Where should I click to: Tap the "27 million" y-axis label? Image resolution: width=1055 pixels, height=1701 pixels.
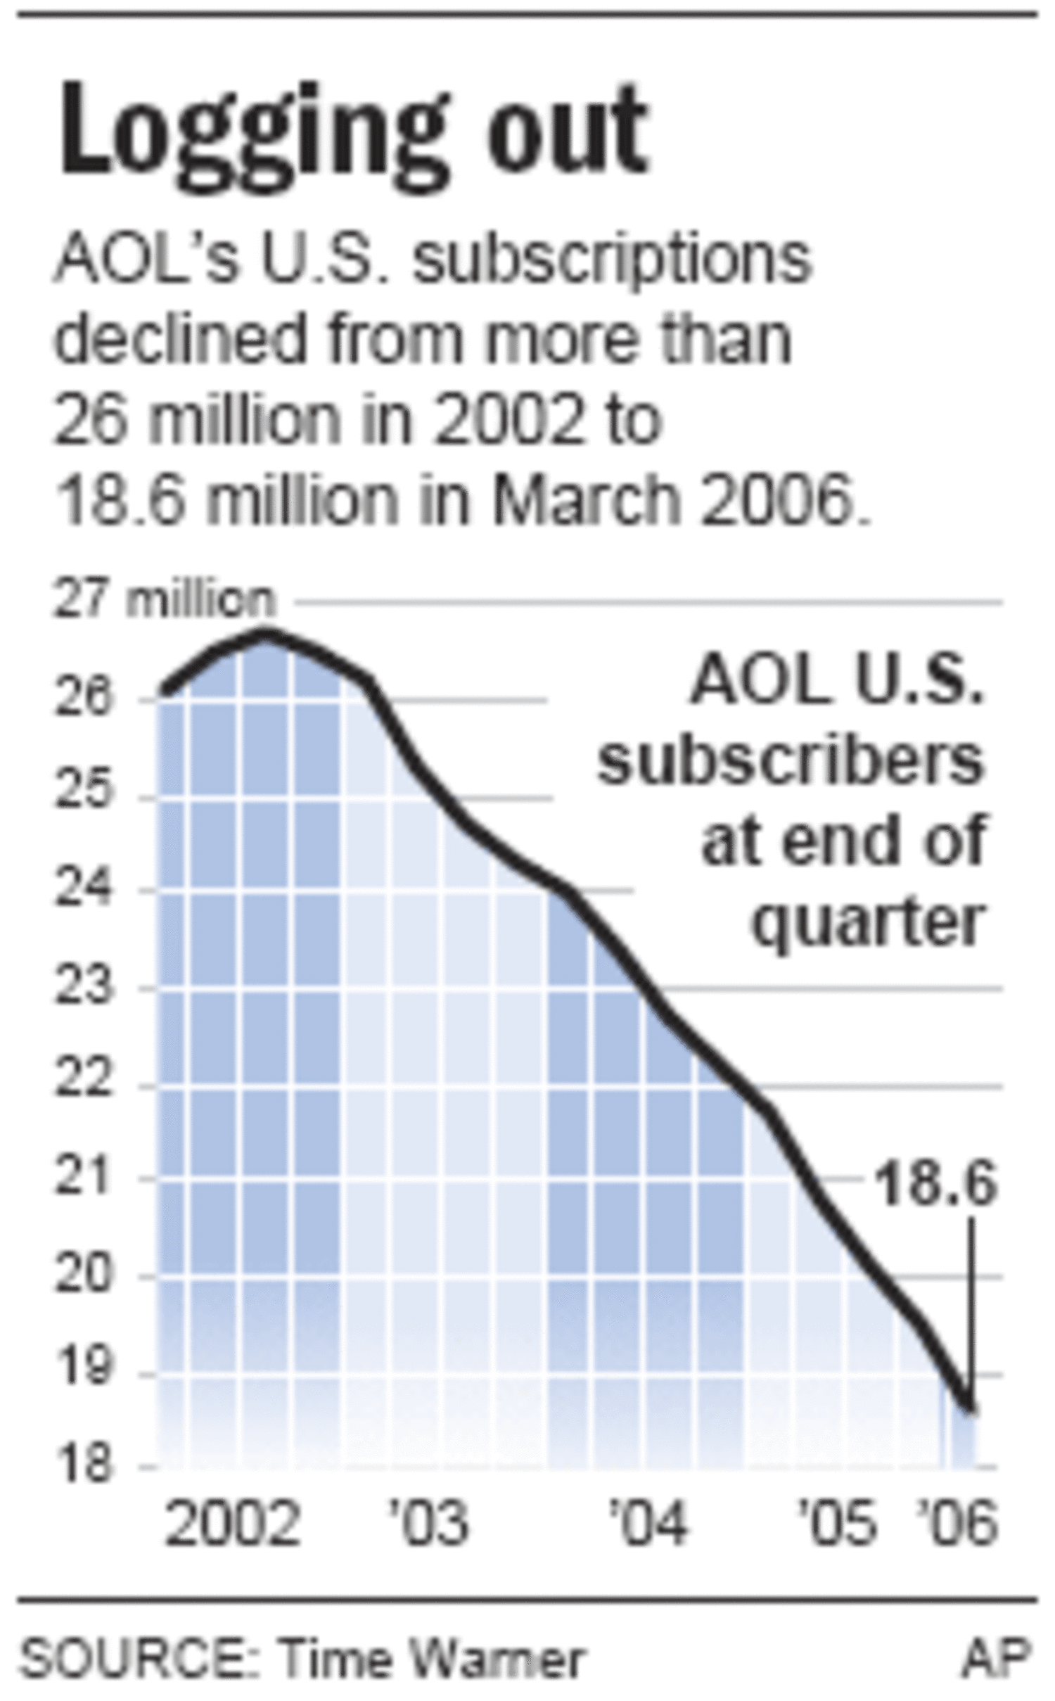tap(163, 601)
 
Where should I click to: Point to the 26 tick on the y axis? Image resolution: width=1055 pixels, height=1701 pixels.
tap(82, 698)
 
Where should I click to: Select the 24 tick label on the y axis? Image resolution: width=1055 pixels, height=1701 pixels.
tap(82, 891)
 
